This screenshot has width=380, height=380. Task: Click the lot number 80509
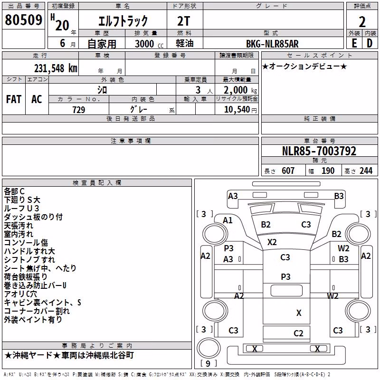23,20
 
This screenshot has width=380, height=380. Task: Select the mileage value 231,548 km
56,68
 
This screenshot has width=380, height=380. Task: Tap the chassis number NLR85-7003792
319,151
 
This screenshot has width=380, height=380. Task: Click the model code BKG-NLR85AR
272,44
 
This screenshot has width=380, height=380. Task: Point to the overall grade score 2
362,22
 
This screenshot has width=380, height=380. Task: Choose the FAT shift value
14,99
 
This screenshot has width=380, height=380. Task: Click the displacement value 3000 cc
149,44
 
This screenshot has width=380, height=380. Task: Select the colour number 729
79,110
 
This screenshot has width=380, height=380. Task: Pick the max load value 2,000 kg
240,90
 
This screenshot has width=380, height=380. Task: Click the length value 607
288,171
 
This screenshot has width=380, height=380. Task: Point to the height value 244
366,171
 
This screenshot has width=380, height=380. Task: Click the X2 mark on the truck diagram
272,242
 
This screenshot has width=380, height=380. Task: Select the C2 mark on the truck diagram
298,333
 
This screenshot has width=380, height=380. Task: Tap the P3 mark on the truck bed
285,277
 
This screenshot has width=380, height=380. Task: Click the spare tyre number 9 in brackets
208,363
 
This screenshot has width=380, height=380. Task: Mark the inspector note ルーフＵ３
21,209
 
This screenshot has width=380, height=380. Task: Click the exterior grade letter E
354,43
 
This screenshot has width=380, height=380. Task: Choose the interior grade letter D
370,43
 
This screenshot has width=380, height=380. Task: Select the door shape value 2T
184,21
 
